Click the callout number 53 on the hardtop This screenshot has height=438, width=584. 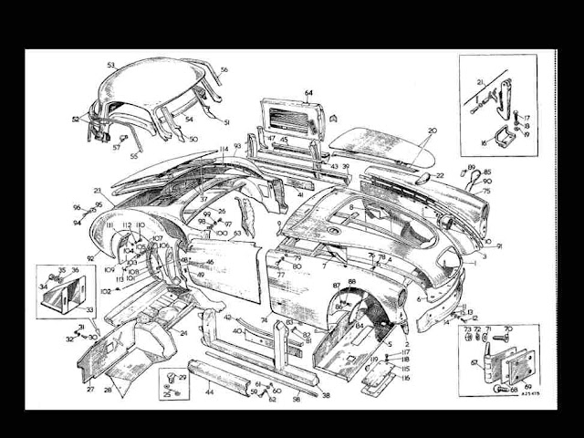pos(110,65)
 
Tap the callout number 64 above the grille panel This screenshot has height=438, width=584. pos(308,93)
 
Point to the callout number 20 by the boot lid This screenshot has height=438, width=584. pos(433,130)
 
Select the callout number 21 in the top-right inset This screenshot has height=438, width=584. pos(476,82)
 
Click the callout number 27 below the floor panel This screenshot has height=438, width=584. pos(90,389)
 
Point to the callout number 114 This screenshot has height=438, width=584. pos(224,149)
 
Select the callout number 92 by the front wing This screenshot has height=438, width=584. pos(90,258)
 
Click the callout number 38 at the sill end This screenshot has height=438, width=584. pos(326,396)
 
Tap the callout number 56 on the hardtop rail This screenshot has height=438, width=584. pos(224,70)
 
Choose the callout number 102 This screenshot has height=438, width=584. pos(105,290)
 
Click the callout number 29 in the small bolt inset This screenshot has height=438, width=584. pos(182,376)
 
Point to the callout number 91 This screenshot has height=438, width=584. pos(499,246)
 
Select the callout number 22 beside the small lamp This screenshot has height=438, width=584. pos(441,175)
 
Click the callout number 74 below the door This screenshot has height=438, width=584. pos(264,321)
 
